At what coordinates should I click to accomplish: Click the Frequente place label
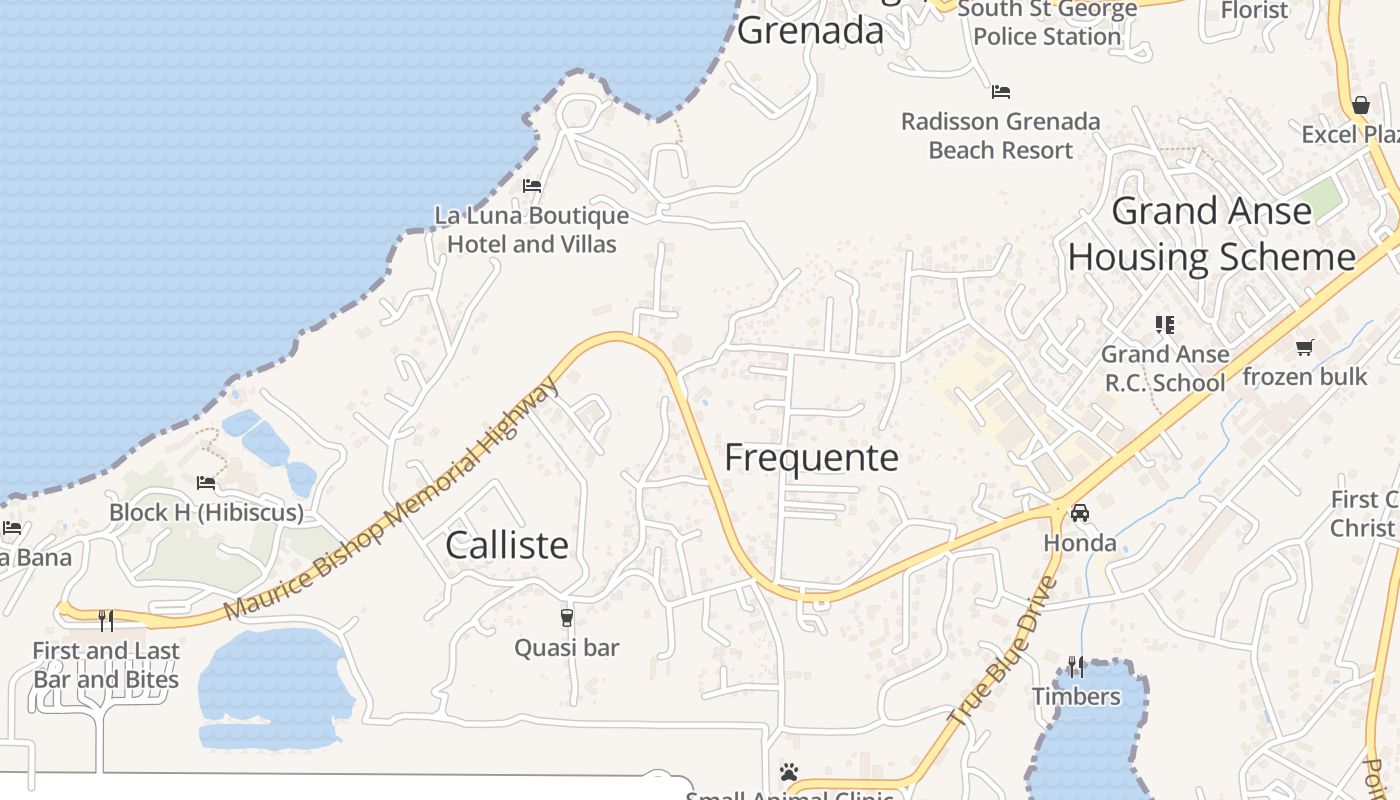pos(811,458)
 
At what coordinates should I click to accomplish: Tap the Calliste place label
pos(507,545)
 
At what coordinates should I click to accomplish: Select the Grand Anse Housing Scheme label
pos(1211,235)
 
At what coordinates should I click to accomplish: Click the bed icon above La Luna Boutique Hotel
pos(532,186)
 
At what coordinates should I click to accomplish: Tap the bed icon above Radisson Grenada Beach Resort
pos(1001,92)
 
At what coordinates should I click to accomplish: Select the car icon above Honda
pos(1080,514)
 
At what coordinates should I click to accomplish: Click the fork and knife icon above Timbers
pos(1076,666)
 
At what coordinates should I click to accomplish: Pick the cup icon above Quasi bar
pos(567,618)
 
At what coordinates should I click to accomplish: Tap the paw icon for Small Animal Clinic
pos(789,772)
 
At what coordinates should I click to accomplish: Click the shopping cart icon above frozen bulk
pos(1304,347)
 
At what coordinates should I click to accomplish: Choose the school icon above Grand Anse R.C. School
pos(1165,324)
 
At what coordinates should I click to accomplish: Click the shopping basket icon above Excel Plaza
pos(1361,105)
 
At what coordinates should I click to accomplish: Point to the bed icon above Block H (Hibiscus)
pos(206,483)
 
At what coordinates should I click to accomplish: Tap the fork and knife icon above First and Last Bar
pos(106,621)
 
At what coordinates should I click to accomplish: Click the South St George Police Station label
pos(1047,24)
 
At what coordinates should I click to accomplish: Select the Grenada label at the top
pos(811,31)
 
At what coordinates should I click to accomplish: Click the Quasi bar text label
pos(567,648)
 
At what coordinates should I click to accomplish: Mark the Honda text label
pos(1080,543)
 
